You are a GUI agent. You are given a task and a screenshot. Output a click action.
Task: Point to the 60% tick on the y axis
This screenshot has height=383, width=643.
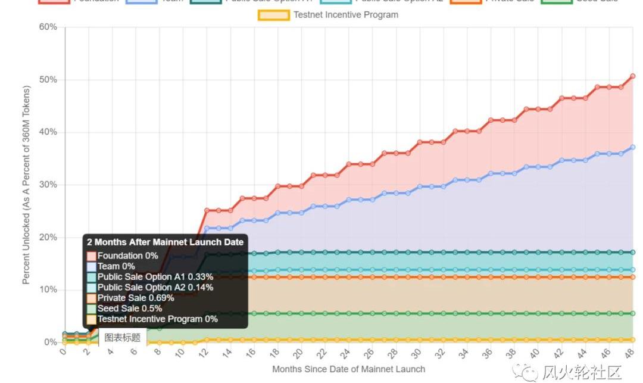click(48, 27)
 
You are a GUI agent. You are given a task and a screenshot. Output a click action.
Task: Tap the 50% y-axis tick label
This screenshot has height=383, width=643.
click(48, 80)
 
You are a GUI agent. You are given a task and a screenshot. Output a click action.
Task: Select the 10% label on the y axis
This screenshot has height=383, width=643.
click(48, 290)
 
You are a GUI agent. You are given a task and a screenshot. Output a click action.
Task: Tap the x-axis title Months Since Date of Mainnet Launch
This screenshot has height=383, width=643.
click(349, 369)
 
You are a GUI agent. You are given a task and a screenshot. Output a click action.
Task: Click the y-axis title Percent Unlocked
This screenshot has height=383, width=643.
click(26, 185)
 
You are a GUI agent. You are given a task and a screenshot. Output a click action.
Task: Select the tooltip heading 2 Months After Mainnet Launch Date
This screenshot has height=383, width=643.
click(165, 242)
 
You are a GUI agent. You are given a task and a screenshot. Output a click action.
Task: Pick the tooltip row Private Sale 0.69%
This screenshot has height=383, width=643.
click(136, 298)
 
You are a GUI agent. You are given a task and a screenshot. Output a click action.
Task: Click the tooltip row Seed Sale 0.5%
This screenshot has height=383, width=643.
click(130, 309)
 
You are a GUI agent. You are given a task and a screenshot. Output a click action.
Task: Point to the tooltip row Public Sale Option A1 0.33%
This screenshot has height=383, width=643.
click(155, 277)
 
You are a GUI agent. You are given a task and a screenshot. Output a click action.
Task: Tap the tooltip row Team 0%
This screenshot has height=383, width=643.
click(116, 266)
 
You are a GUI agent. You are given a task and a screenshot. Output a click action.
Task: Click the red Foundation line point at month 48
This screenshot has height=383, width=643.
click(632, 76)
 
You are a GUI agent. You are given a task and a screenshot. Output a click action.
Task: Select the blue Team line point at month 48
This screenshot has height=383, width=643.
click(632, 147)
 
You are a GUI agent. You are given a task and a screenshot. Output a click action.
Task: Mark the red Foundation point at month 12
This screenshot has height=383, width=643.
click(207, 210)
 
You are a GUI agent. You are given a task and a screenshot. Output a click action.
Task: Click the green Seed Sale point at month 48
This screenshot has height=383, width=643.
click(632, 313)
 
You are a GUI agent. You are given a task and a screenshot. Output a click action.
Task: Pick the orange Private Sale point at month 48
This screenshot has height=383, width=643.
click(632, 277)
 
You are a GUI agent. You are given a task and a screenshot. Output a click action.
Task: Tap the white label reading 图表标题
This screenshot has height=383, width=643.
click(123, 338)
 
